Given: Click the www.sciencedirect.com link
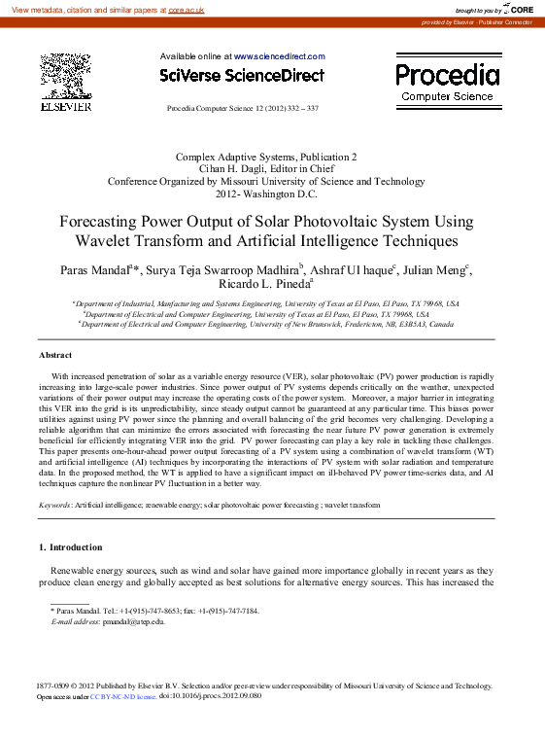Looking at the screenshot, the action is point(280,57).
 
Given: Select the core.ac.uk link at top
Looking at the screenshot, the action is point(186,9).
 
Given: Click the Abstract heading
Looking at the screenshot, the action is point(55,355).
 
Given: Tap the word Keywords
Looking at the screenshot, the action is point(53,506).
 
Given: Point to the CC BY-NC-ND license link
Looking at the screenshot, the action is point(122,697).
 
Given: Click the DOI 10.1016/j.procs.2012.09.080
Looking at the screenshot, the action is point(210,697).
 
